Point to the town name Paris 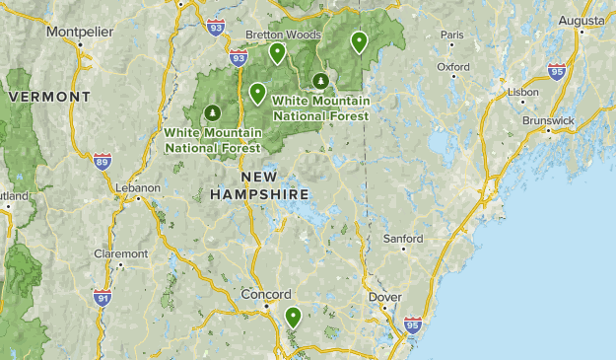click(x=452, y=36)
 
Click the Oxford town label click(x=453, y=67)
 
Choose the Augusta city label click(x=581, y=19)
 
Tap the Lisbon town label click(x=522, y=92)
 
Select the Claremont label click(x=120, y=253)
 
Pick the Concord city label click(x=266, y=294)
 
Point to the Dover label click(x=383, y=296)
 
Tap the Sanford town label click(x=403, y=239)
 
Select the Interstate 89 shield click(x=103, y=161)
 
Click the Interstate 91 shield click(x=102, y=296)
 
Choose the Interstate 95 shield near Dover click(x=412, y=324)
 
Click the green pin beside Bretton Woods click(x=278, y=52)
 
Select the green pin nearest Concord click(x=293, y=317)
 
